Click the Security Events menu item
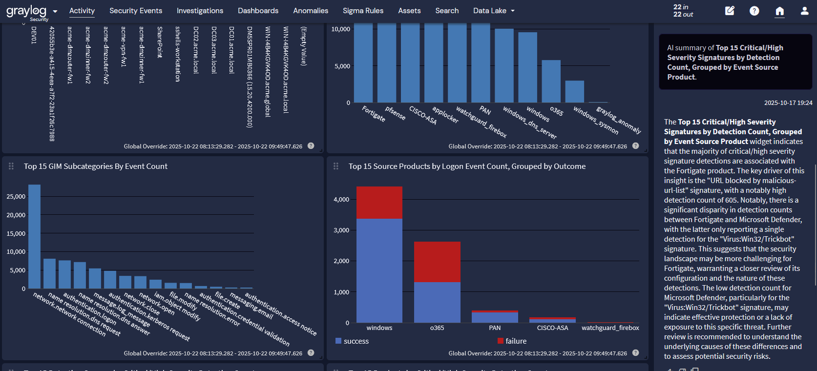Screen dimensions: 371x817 tap(136, 11)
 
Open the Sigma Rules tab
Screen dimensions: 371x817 tap(363, 11)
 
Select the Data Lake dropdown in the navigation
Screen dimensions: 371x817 tap(494, 11)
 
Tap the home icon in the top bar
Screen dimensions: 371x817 tap(779, 11)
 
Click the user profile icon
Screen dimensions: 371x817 tap(804, 11)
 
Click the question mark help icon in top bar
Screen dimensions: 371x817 tap(754, 11)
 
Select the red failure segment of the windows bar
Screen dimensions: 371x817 tap(379, 203)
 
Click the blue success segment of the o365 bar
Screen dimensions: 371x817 tap(437, 302)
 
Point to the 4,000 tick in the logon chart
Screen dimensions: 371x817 tap(341, 200)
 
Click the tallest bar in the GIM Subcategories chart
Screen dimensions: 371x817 tap(34, 237)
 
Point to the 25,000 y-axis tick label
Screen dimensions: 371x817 tap(16, 197)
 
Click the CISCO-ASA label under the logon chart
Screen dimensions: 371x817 tap(552, 328)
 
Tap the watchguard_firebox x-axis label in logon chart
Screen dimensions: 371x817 tap(610, 328)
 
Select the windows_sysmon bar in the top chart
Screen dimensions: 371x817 tap(575, 92)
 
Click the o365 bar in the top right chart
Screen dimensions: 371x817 tap(551, 82)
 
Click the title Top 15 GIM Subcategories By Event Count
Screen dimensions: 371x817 tap(96, 166)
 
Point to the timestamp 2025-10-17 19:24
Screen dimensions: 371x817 tap(788, 103)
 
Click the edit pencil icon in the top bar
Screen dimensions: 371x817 tap(730, 11)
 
